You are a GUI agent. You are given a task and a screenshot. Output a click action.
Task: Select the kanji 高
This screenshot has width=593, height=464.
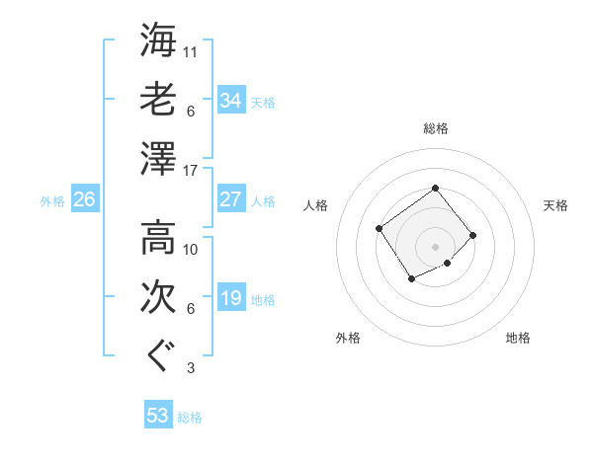(x=158, y=238)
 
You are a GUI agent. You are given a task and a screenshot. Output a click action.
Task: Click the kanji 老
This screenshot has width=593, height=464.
(x=158, y=100)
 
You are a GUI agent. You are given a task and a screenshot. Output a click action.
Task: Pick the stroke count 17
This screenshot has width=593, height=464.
(x=192, y=171)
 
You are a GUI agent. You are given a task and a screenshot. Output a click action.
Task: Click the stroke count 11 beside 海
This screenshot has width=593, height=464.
(x=192, y=50)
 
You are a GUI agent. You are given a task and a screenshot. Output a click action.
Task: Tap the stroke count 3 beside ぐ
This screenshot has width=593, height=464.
(x=191, y=369)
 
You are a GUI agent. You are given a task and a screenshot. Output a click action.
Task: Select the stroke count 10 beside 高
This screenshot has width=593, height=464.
(x=192, y=249)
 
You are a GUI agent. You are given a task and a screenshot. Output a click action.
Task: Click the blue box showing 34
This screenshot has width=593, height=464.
(x=231, y=101)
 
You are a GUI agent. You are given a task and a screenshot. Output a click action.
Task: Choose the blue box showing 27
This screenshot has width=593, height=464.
(x=231, y=199)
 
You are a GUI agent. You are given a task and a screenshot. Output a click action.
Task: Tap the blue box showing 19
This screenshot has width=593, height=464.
(x=231, y=299)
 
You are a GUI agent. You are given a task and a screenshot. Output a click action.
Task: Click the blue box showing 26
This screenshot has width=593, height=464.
(x=84, y=200)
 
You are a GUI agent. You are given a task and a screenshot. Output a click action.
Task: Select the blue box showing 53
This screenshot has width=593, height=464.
(x=158, y=416)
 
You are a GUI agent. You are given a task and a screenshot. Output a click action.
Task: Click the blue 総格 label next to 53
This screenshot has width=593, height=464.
(x=190, y=418)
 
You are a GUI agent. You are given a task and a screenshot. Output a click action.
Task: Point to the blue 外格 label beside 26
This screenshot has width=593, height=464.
(x=52, y=201)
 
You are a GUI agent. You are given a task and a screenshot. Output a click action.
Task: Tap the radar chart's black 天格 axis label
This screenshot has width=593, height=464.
(x=556, y=205)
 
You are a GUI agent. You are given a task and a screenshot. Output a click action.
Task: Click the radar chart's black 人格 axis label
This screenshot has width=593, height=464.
(x=316, y=205)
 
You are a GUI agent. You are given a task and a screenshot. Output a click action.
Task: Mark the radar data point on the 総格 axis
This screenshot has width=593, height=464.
(x=435, y=188)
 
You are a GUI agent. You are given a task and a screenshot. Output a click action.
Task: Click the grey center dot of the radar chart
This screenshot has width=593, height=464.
(x=435, y=246)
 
